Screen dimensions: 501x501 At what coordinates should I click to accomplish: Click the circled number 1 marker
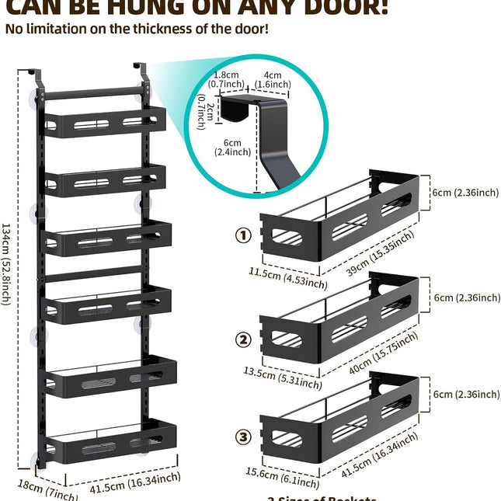pos(244,235)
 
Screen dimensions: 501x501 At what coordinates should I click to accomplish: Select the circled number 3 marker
pos(244,437)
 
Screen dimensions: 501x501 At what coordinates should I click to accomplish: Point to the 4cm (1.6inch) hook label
pos(274,79)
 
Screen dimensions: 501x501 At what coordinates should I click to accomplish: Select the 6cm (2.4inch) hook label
pos(230,147)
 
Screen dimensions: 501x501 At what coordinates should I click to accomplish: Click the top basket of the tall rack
pos(105,123)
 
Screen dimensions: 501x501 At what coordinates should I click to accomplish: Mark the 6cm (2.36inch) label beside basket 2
pos(466,297)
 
